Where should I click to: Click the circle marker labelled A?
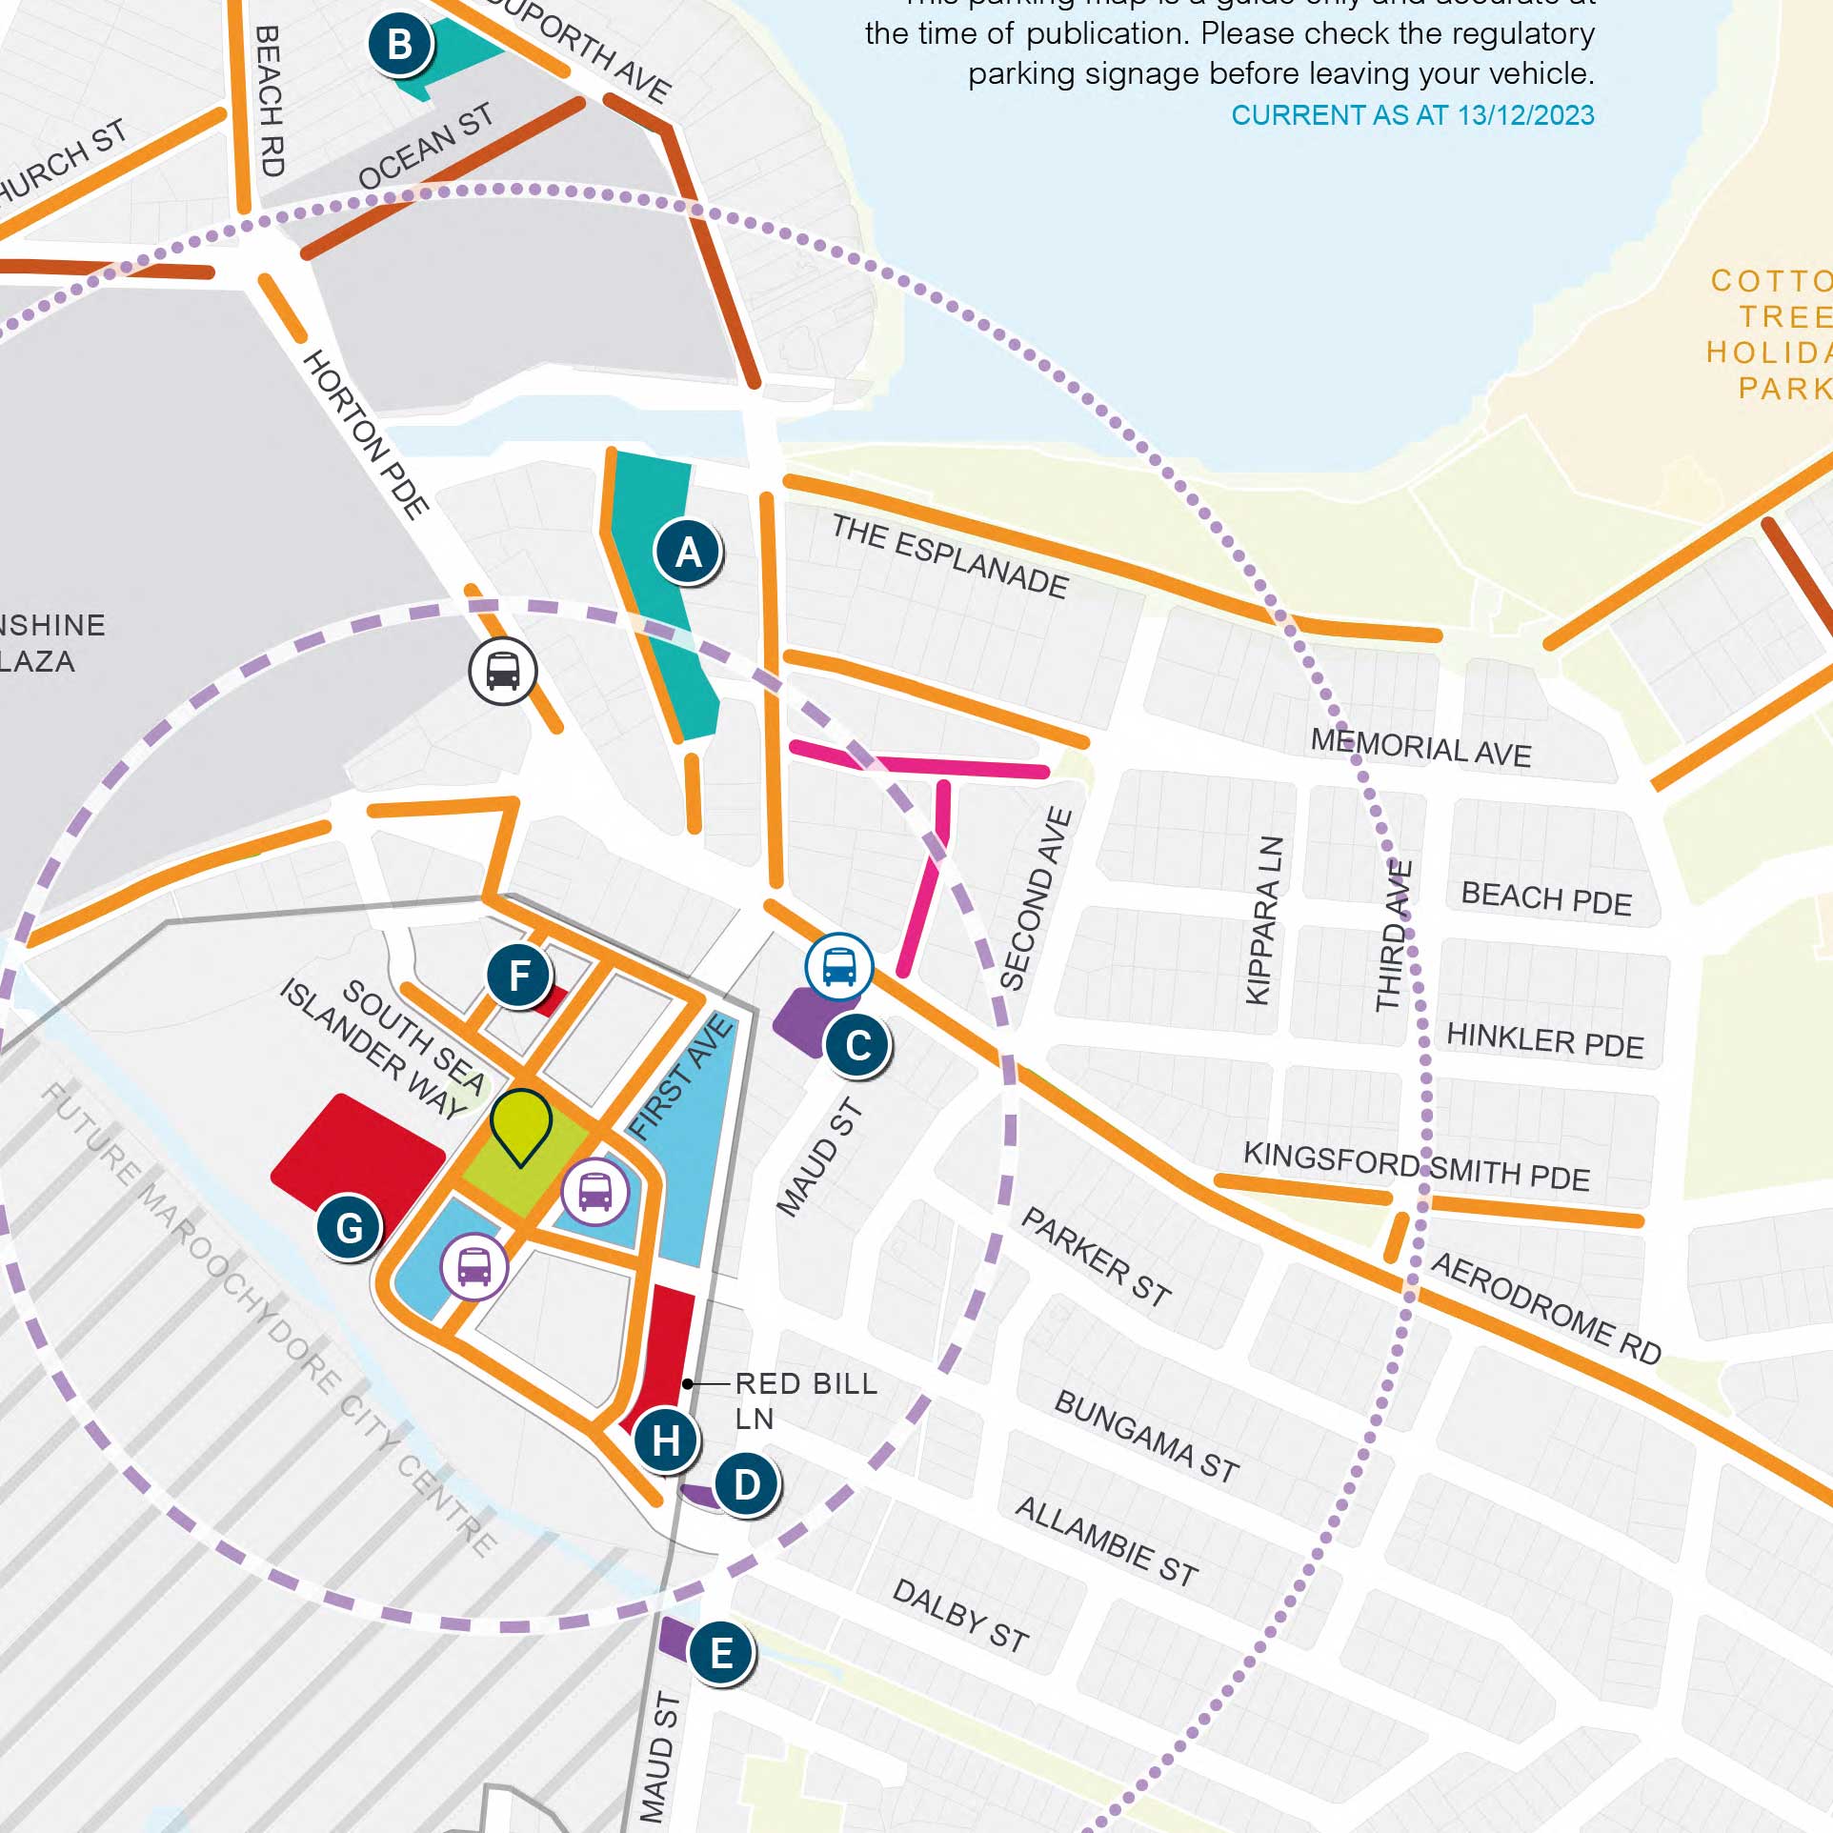(688, 552)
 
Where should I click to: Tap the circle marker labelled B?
(400, 44)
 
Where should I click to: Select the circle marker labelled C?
(857, 1045)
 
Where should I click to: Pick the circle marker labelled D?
(747, 1484)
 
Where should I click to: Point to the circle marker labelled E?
(721, 1653)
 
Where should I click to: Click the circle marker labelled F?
(519, 976)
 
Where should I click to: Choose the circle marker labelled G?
(350, 1228)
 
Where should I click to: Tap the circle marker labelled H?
(666, 1440)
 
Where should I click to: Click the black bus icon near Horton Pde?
(503, 671)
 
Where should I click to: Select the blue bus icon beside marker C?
(838, 967)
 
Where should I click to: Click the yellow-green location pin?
(521, 1124)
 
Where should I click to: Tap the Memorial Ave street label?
(1420, 747)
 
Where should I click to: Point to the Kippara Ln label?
(1265, 920)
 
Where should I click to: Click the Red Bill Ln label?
(805, 1400)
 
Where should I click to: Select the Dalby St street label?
(960, 1615)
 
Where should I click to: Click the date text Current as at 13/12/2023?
(1412, 115)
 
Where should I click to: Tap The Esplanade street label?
(949, 556)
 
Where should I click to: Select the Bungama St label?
(1146, 1436)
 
